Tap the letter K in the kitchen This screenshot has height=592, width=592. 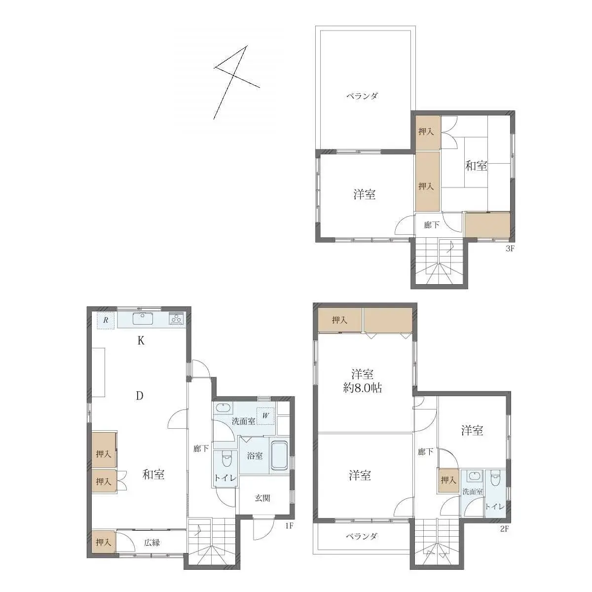click(141, 340)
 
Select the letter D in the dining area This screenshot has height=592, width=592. click(140, 396)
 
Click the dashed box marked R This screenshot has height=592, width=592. click(106, 320)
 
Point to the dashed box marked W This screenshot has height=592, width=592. click(265, 415)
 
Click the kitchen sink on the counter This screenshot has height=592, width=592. click(143, 318)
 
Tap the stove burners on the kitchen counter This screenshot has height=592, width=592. click(176, 319)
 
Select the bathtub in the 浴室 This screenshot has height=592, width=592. click(280, 455)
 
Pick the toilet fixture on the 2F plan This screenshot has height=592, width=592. click(495, 479)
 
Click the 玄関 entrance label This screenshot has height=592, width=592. click(262, 498)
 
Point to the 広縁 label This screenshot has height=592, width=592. click(152, 543)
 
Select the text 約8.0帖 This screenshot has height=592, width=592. click(362, 388)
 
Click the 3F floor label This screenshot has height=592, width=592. click(510, 249)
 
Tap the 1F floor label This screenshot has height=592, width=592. click(289, 526)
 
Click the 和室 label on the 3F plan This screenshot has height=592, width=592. click(476, 166)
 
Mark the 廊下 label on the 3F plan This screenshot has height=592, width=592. click(432, 225)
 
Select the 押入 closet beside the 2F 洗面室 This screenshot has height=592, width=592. click(448, 480)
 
